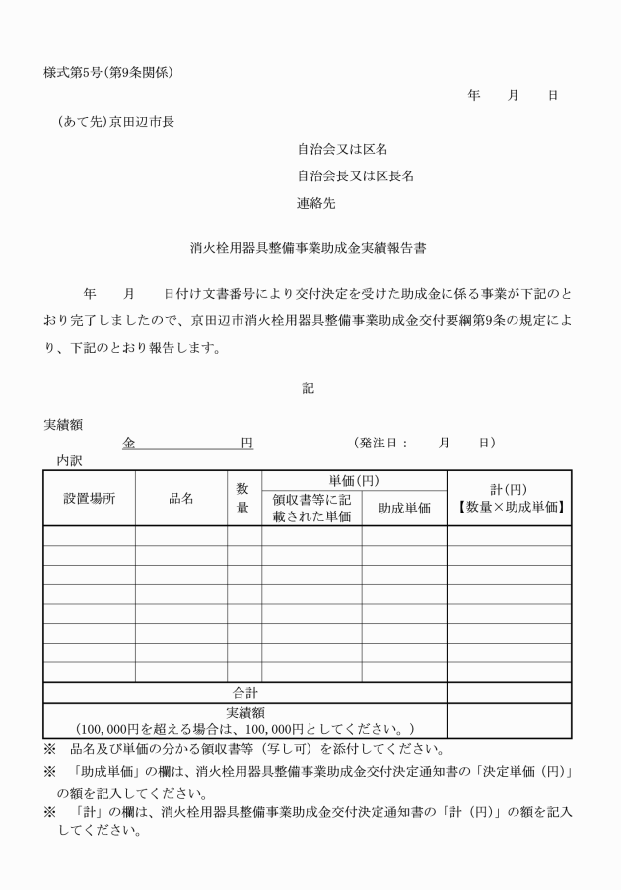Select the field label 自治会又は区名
click(342, 150)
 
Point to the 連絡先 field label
click(317, 205)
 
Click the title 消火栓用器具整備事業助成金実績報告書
click(308, 249)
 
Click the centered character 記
click(309, 389)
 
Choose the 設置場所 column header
click(89, 498)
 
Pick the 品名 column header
click(181, 498)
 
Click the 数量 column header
click(242, 498)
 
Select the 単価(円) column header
click(353, 480)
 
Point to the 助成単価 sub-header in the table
click(404, 509)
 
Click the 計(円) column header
click(509, 489)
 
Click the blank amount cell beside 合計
click(509, 693)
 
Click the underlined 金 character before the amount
click(129, 444)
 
